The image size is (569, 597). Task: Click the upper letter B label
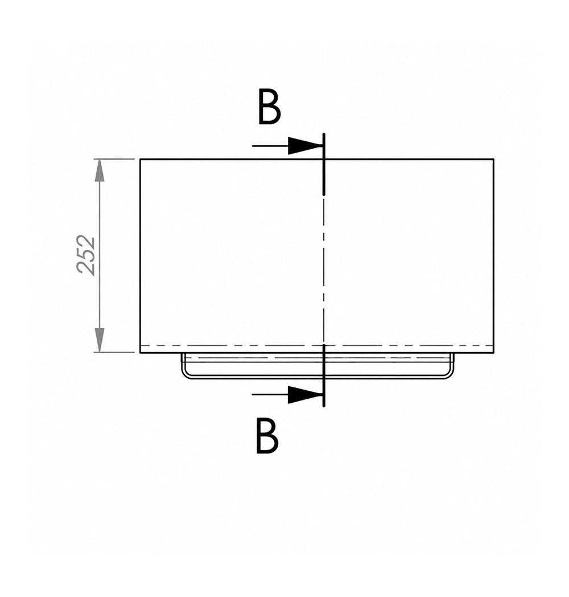tap(269, 107)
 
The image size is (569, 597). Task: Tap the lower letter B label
tap(267, 436)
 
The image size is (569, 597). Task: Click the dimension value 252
tap(86, 255)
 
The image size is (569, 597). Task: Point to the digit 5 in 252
tap(86, 255)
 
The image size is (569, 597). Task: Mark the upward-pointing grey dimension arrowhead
tap(99, 170)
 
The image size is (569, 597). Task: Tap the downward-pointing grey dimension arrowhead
tap(99, 341)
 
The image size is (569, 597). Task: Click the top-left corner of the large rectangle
tap(141, 159)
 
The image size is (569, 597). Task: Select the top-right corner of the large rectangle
tap(494, 159)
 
